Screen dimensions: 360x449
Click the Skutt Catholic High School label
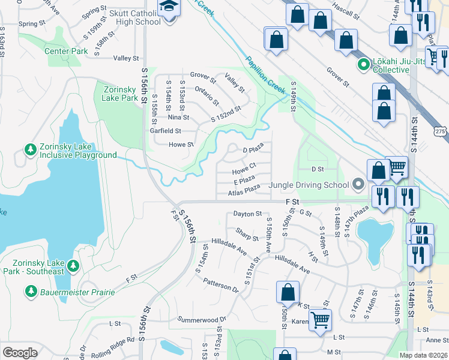[x=127, y=17]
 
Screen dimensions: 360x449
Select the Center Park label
[x=66, y=51]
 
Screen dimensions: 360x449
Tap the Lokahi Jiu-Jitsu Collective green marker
[x=363, y=64]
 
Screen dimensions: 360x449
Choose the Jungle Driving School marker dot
[x=358, y=184]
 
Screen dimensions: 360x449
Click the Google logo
[x=20, y=353]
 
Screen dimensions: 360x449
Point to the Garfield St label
[x=165, y=131]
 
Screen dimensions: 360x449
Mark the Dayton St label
[x=247, y=214]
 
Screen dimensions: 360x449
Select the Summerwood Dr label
[x=201, y=319]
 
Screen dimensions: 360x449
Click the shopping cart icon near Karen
[x=321, y=319]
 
